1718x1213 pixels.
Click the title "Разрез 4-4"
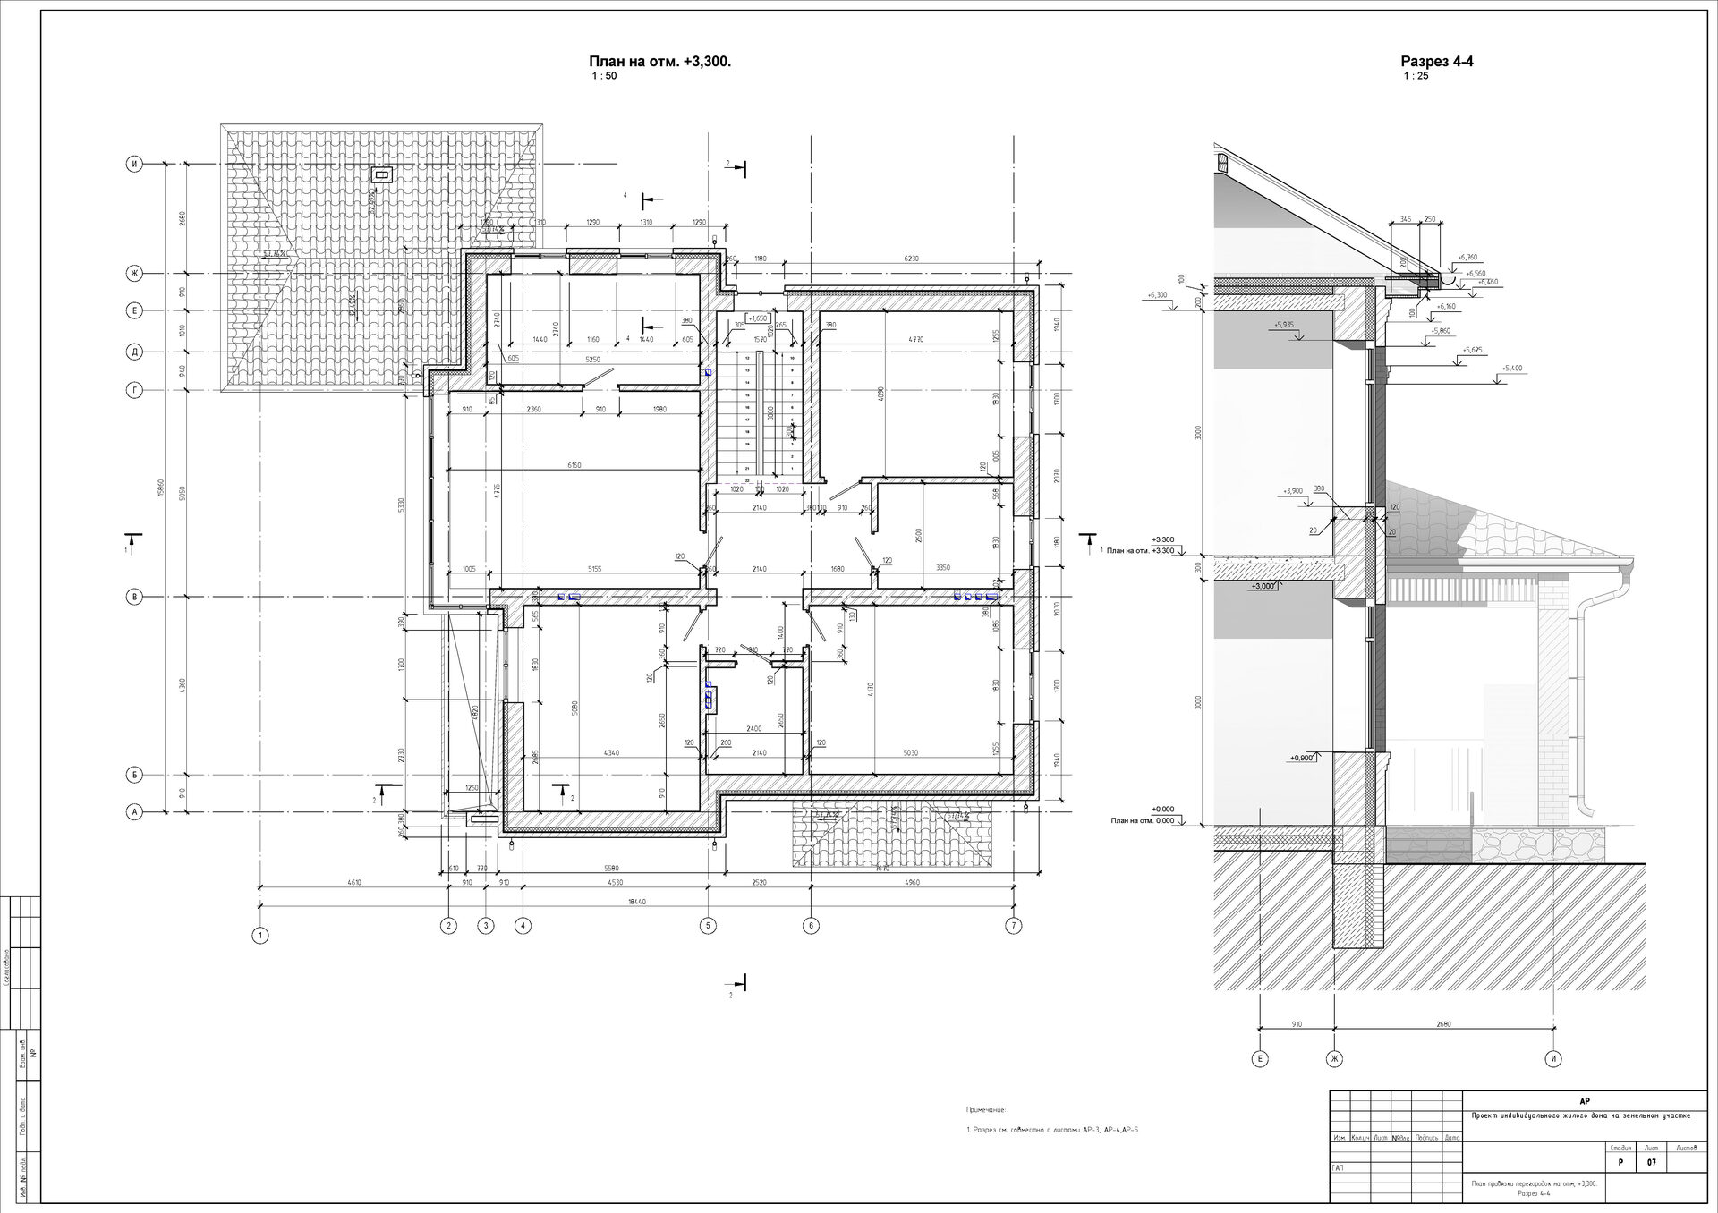click(x=1436, y=62)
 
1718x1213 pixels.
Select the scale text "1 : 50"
click(x=604, y=76)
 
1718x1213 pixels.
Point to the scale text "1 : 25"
click(x=1416, y=76)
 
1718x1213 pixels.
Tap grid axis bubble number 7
click(x=1013, y=926)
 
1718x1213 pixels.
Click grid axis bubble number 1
click(x=260, y=936)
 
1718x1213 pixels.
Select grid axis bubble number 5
click(x=709, y=926)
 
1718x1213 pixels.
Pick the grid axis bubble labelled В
click(x=134, y=597)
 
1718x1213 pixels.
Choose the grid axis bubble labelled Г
click(x=134, y=390)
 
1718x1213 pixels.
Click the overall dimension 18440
click(x=636, y=902)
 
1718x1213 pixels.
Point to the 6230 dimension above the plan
click(x=911, y=259)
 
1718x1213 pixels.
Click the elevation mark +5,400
click(x=1512, y=369)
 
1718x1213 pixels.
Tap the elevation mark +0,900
click(x=1302, y=758)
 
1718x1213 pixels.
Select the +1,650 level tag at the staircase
click(x=758, y=318)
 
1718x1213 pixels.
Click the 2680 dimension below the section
click(x=1442, y=1025)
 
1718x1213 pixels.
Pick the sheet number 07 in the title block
click(x=1651, y=1163)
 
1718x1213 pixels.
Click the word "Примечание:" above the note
click(x=986, y=1109)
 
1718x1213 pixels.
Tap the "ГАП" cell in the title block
click(x=1339, y=1167)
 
